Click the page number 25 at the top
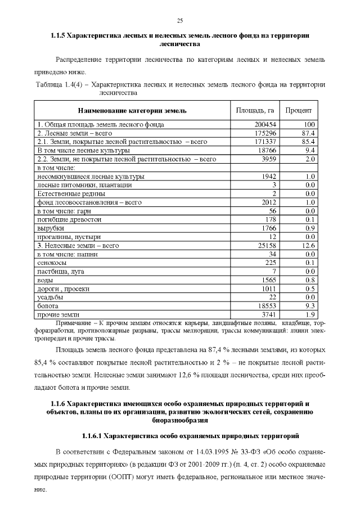coord(180,21)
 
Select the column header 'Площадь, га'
coord(254,110)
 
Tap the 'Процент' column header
coord(299,110)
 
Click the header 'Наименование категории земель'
coord(132,111)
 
